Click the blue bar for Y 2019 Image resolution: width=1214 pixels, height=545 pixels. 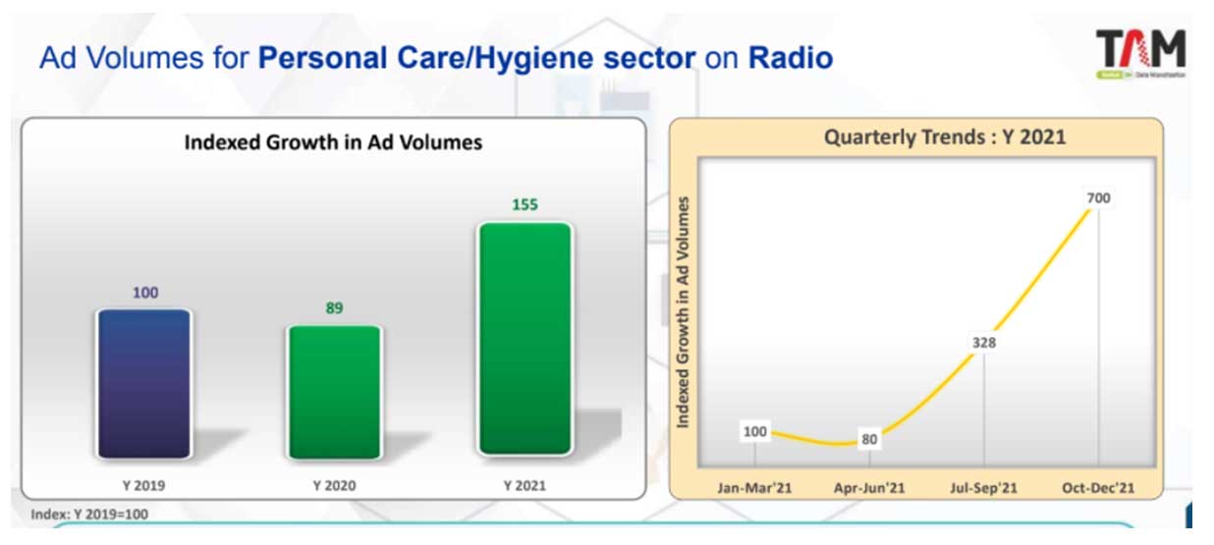143,383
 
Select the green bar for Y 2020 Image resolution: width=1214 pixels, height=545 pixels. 335,391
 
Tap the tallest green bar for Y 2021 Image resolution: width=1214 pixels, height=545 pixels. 525,339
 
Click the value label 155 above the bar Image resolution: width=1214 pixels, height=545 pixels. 525,205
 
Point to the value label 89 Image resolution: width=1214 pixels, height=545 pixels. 335,308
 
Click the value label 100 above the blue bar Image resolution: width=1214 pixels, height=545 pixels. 144,293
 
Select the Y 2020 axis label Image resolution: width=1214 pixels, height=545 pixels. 334,485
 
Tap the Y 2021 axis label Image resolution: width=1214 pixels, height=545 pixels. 524,485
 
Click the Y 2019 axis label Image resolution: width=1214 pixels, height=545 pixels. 143,485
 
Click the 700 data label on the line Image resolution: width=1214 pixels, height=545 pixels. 1098,198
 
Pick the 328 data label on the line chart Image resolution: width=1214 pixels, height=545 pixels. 984,343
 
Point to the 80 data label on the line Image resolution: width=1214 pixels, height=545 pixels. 869,439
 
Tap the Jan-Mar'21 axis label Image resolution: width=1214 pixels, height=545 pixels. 754,487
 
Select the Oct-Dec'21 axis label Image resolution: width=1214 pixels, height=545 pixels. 1097,487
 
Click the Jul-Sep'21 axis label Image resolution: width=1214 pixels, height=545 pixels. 983,487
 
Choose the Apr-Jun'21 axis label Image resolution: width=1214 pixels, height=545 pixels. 868,487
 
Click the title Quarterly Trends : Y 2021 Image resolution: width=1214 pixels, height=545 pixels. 944,137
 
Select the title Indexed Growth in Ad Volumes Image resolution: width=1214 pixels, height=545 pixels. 334,142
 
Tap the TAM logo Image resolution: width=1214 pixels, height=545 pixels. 1140,53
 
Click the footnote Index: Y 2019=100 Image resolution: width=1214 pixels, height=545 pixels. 89,513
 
